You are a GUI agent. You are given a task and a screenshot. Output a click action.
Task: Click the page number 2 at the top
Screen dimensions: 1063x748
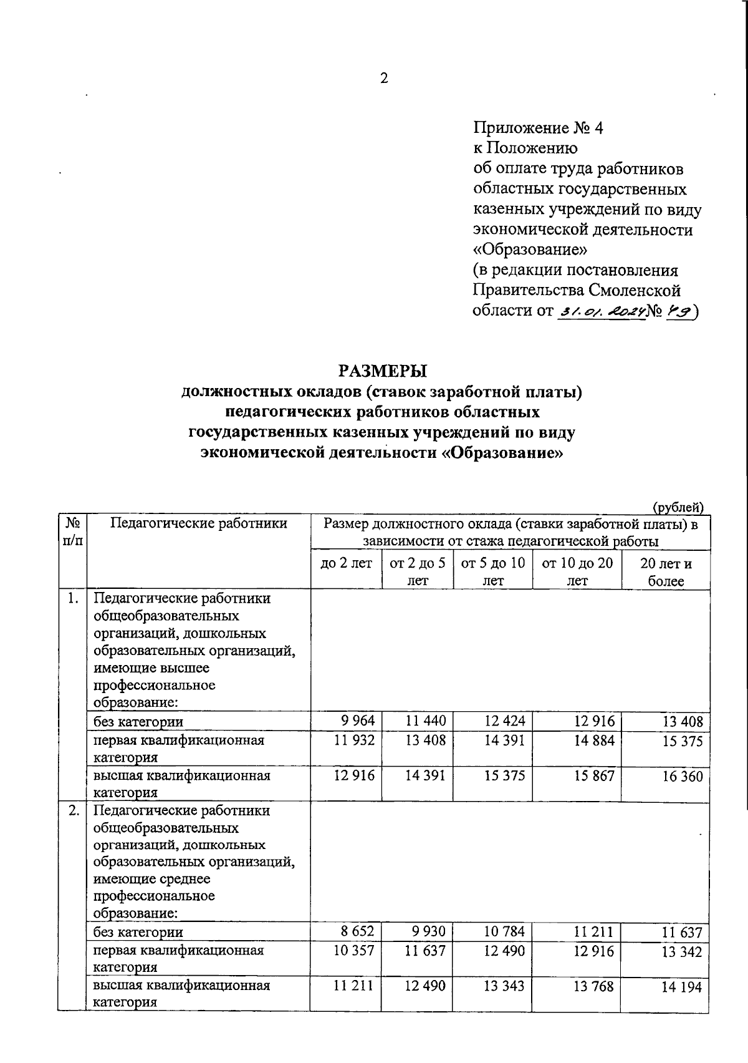click(x=383, y=79)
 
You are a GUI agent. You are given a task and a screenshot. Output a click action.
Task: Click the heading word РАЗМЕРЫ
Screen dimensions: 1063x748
click(x=383, y=371)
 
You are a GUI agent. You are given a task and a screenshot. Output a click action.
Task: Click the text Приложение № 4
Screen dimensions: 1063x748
click(x=539, y=128)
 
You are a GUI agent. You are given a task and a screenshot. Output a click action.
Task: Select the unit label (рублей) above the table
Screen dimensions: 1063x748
click(x=678, y=508)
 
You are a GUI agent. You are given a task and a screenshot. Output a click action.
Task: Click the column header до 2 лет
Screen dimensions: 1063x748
click(x=346, y=563)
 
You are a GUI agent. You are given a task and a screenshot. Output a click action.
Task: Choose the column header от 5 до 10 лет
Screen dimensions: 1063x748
click(x=493, y=571)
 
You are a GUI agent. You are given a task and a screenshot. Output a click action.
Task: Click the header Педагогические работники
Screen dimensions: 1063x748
click(x=198, y=523)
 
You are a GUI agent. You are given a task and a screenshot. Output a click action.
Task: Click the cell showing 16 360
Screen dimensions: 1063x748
click(x=683, y=777)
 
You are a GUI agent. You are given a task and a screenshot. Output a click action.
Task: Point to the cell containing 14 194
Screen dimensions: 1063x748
click(x=683, y=988)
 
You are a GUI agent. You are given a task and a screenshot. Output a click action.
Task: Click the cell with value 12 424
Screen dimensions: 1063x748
click(x=505, y=721)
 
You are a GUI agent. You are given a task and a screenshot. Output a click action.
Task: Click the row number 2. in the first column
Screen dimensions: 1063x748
click(x=74, y=811)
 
